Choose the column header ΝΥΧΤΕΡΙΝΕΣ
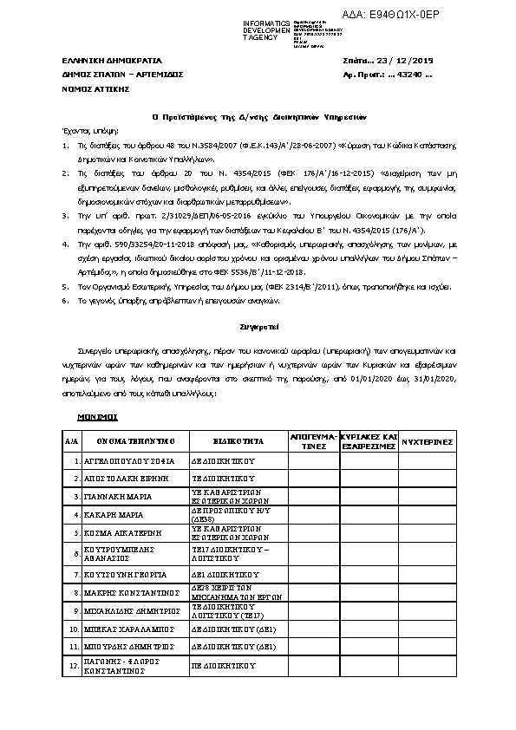[427, 441]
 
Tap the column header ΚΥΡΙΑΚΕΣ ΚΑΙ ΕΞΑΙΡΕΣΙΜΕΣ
[368, 440]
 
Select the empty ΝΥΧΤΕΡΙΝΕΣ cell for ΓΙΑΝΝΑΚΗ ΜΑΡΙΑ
[427, 496]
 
